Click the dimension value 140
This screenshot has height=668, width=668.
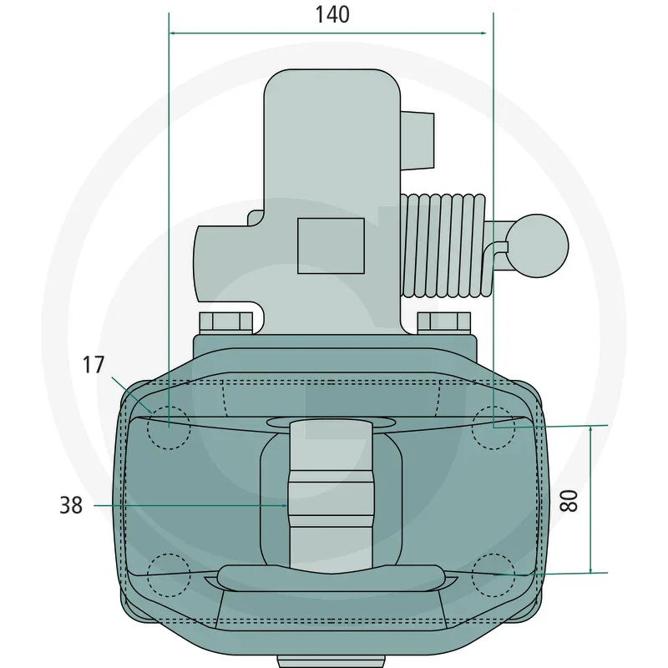pyautogui.click(x=332, y=14)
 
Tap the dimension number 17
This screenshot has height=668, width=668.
pyautogui.click(x=94, y=365)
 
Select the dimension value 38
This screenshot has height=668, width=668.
pyautogui.click(x=71, y=505)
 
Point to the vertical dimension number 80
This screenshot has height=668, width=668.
pyautogui.click(x=569, y=500)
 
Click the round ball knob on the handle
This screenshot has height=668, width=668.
pyautogui.click(x=538, y=245)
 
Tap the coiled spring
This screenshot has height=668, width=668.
pyautogui.click(x=445, y=245)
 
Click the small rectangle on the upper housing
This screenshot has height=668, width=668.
pyautogui.click(x=331, y=245)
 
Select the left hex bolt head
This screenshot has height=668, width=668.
pyautogui.click(x=225, y=322)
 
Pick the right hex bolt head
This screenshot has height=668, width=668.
pyautogui.click(x=444, y=322)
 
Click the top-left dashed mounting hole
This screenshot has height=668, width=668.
pyautogui.click(x=169, y=428)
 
